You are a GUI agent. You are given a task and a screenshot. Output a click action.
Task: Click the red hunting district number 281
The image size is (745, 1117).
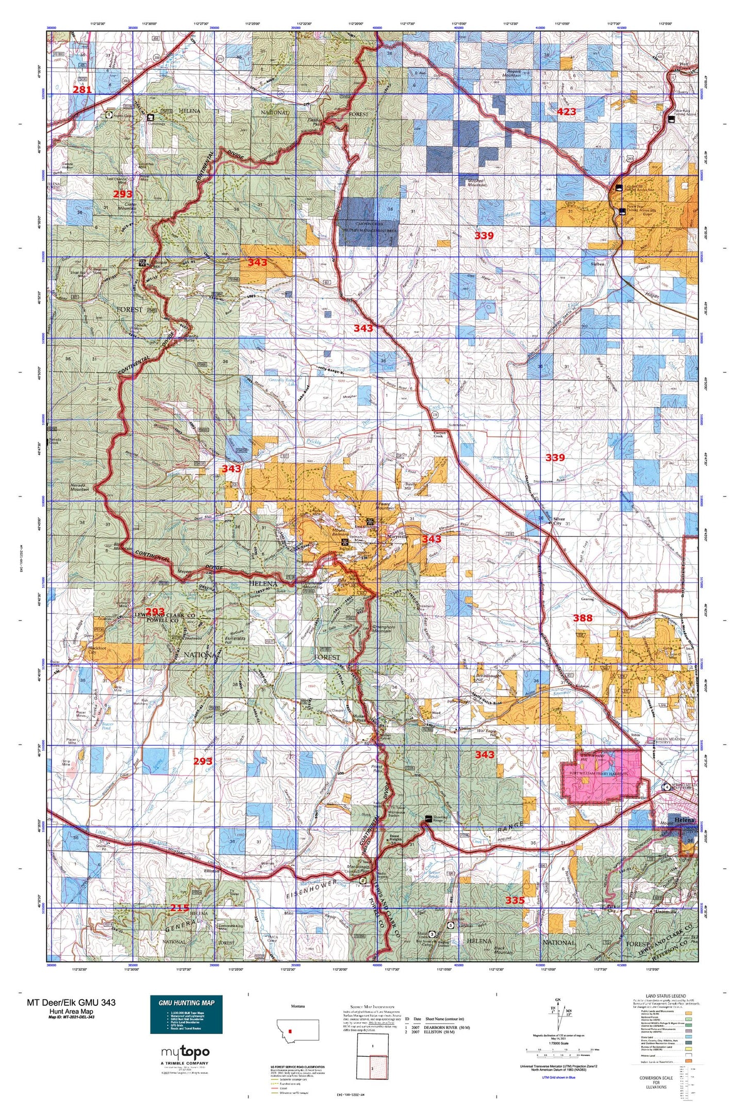(82, 90)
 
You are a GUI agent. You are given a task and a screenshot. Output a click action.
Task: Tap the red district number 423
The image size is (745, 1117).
(566, 112)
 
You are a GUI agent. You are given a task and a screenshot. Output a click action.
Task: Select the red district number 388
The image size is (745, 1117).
(583, 618)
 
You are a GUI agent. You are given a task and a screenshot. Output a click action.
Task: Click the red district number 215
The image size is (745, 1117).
(179, 908)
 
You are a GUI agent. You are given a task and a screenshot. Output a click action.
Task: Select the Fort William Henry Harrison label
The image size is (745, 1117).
(598, 773)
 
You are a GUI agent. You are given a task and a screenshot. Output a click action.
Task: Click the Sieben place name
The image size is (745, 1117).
(597, 264)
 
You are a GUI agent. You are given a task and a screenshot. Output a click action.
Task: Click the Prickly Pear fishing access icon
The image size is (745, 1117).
(622, 210)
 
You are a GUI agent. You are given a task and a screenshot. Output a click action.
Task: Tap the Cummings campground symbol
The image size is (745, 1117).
(151, 117)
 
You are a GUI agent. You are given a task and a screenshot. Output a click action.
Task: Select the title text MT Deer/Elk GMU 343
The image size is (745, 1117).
(71, 1002)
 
